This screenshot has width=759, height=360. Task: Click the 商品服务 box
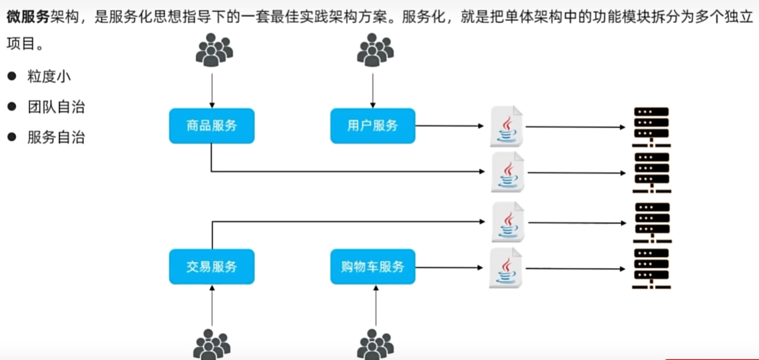(x=211, y=126)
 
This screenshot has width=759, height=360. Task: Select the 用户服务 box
(x=373, y=126)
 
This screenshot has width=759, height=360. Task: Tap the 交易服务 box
(x=211, y=266)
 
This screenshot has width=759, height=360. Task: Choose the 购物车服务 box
(x=373, y=266)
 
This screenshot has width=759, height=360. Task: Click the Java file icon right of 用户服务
(x=507, y=126)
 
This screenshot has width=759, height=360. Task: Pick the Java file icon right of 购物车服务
(x=507, y=267)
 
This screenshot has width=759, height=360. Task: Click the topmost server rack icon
(x=650, y=127)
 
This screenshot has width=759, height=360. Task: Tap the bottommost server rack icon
(x=650, y=269)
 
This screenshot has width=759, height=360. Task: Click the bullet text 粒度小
(x=49, y=77)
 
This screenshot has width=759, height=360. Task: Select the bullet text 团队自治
(x=56, y=107)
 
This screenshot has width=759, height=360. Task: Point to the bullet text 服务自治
(x=56, y=138)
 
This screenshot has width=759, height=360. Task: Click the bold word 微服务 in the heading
(x=28, y=17)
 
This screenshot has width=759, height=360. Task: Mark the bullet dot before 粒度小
(x=12, y=77)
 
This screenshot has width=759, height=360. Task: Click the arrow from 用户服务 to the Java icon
(x=450, y=126)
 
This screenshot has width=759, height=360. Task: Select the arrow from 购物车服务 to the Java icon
(x=450, y=267)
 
